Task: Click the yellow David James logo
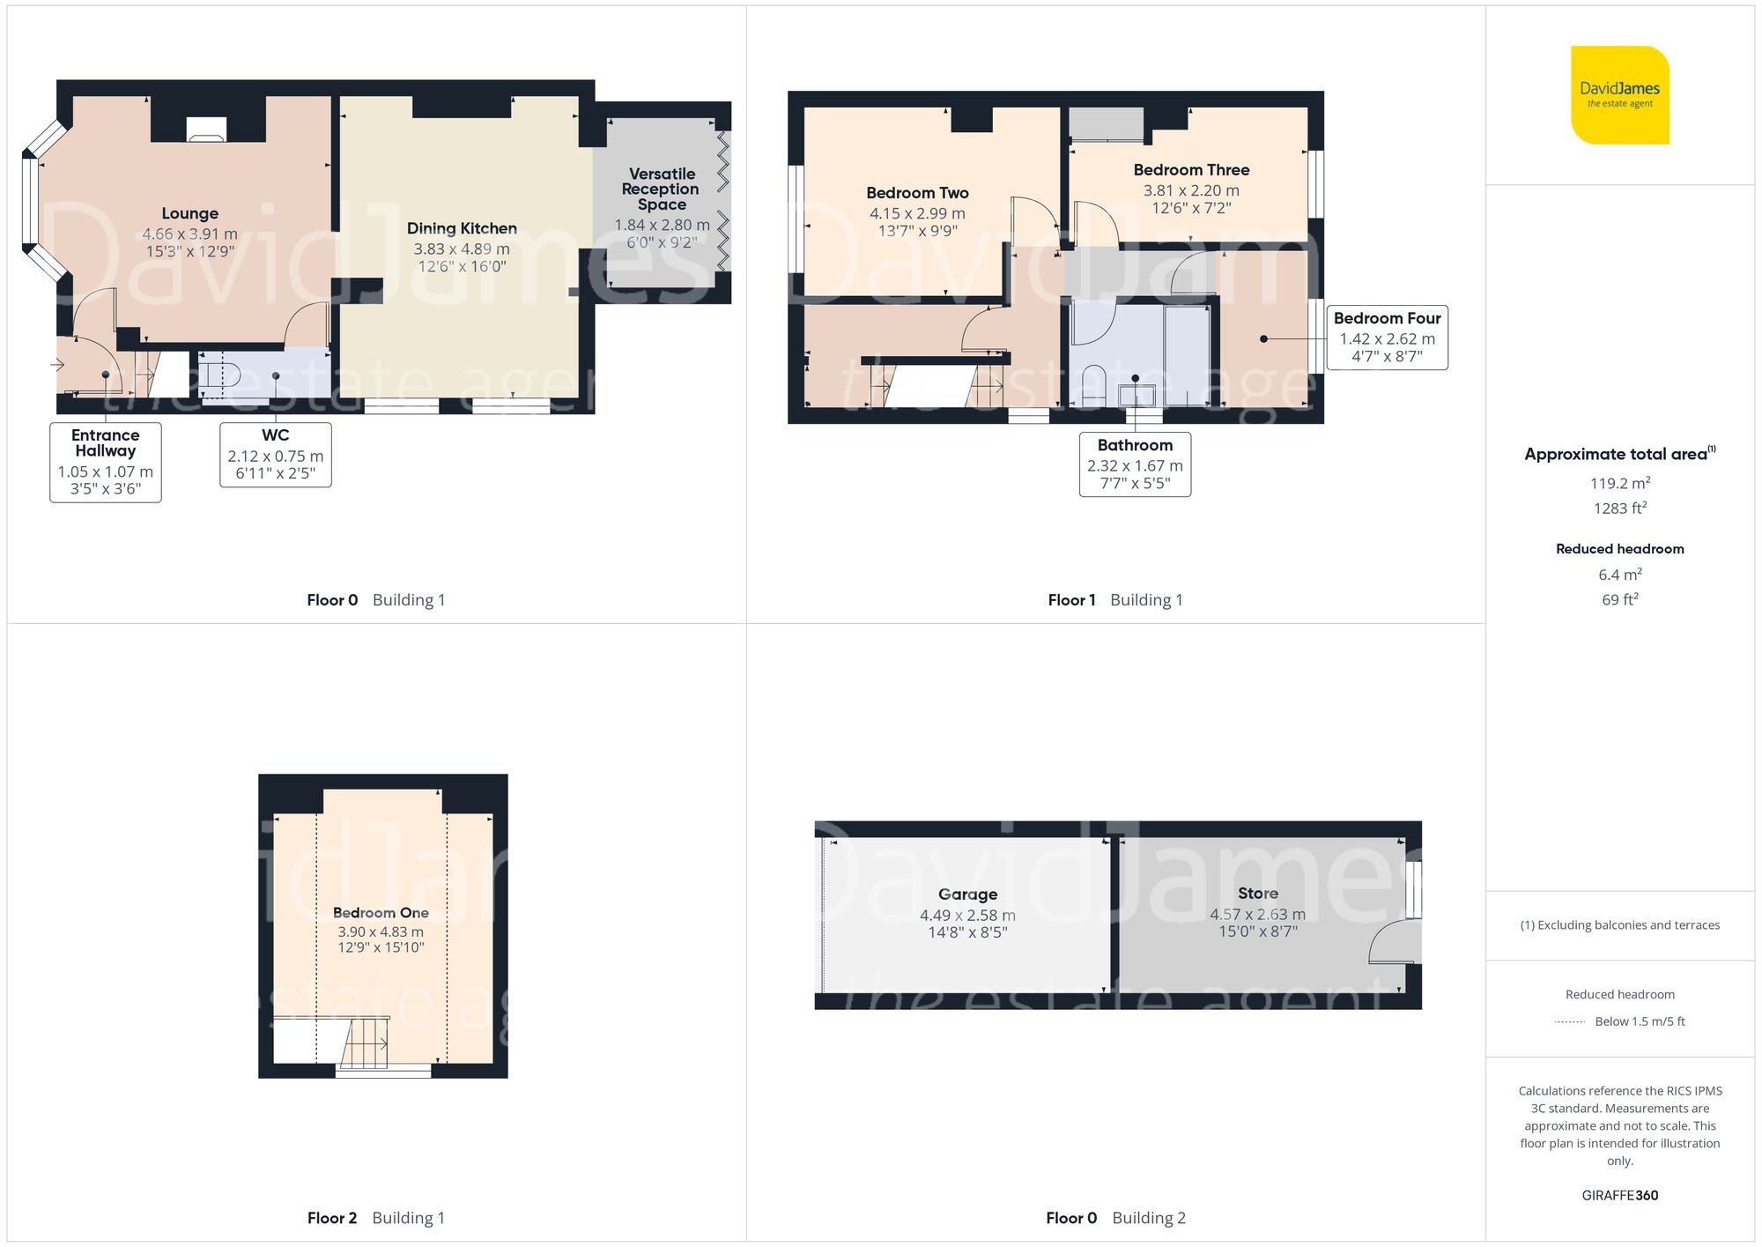1619,95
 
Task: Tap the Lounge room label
189,213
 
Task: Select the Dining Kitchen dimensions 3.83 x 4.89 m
462,249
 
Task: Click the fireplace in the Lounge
207,130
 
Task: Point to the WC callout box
275,455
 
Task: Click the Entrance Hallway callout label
105,442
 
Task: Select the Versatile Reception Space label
662,189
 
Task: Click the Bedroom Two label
917,193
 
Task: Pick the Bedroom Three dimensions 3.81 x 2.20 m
1191,190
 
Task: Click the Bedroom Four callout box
1387,338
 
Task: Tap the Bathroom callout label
1135,445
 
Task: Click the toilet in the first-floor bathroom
1093,385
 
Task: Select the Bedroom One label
381,913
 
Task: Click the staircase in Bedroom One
364,1043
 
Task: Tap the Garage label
967,894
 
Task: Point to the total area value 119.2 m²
1619,483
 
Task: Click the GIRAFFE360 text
1619,1196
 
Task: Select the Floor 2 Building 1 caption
376,1218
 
